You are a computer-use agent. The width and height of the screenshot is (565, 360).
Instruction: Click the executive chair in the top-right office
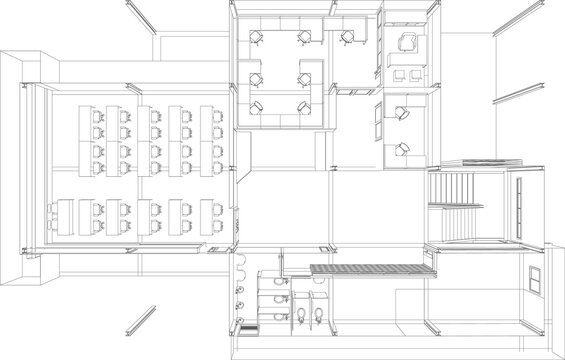(407, 41)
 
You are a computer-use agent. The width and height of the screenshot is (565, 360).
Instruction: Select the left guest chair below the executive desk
(400, 74)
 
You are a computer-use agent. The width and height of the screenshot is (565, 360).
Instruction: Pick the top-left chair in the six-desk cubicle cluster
(256, 38)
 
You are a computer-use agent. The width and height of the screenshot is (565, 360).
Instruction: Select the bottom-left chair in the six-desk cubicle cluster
(258, 105)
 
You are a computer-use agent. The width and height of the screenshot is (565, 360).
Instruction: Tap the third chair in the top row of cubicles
(347, 38)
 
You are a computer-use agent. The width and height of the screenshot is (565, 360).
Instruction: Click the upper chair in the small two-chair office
(399, 114)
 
